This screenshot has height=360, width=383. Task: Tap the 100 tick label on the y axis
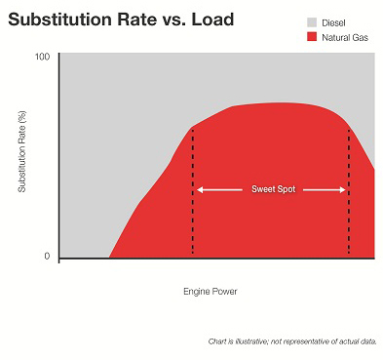(x=42, y=57)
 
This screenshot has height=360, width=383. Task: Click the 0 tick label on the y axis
(x=47, y=257)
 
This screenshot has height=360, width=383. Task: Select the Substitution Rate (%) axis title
(x=21, y=156)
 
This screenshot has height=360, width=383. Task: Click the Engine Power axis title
(x=210, y=291)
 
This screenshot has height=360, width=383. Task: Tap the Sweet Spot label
(x=272, y=189)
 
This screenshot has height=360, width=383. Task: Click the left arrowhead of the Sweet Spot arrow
(x=200, y=189)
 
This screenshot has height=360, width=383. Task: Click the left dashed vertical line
(x=193, y=215)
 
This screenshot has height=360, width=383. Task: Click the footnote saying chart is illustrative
(x=291, y=340)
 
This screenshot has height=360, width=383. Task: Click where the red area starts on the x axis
(x=109, y=258)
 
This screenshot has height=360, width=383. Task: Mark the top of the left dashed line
(x=193, y=128)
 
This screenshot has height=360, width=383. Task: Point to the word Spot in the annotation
(x=285, y=189)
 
